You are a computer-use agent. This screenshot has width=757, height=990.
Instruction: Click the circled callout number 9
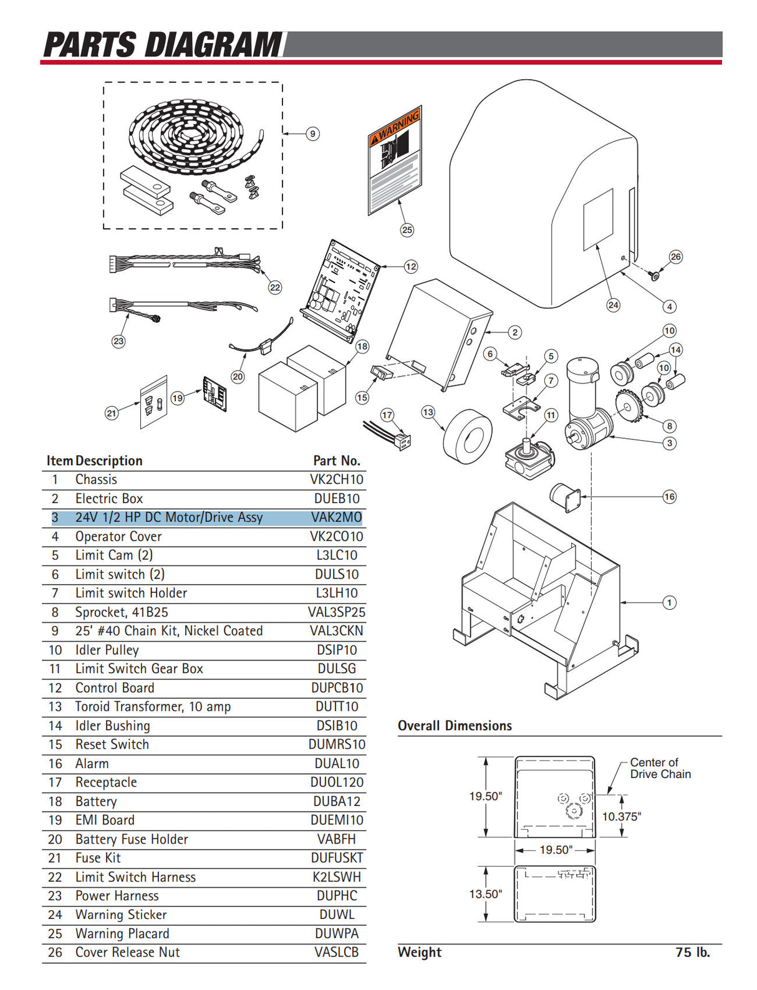(x=312, y=133)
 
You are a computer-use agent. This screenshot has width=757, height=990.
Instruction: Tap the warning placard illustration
(x=395, y=160)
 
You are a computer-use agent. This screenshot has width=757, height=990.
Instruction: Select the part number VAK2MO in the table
(x=336, y=517)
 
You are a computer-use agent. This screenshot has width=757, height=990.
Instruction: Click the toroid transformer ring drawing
(x=467, y=436)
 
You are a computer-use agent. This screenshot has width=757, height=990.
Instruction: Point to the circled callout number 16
(x=669, y=497)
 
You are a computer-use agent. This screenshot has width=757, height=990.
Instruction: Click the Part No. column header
(x=336, y=461)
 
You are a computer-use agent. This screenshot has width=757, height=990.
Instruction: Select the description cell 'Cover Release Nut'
(x=127, y=953)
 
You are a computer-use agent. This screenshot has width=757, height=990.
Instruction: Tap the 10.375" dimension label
(x=621, y=817)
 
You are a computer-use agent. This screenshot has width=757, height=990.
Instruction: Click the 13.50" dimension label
(x=485, y=894)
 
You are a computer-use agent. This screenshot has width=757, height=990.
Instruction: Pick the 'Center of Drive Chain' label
(x=660, y=769)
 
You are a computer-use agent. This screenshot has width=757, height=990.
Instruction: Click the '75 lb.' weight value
(x=692, y=953)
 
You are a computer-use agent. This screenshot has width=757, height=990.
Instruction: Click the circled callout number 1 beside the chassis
(x=669, y=603)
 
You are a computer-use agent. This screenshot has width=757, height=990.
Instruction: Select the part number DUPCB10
(x=336, y=688)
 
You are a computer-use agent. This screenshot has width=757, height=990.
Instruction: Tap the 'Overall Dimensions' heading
(x=455, y=726)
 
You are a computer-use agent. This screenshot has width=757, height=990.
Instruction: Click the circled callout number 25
(x=407, y=230)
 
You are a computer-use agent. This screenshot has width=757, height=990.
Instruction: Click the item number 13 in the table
(x=55, y=707)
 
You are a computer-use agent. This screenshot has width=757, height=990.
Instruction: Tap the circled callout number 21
(x=111, y=413)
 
